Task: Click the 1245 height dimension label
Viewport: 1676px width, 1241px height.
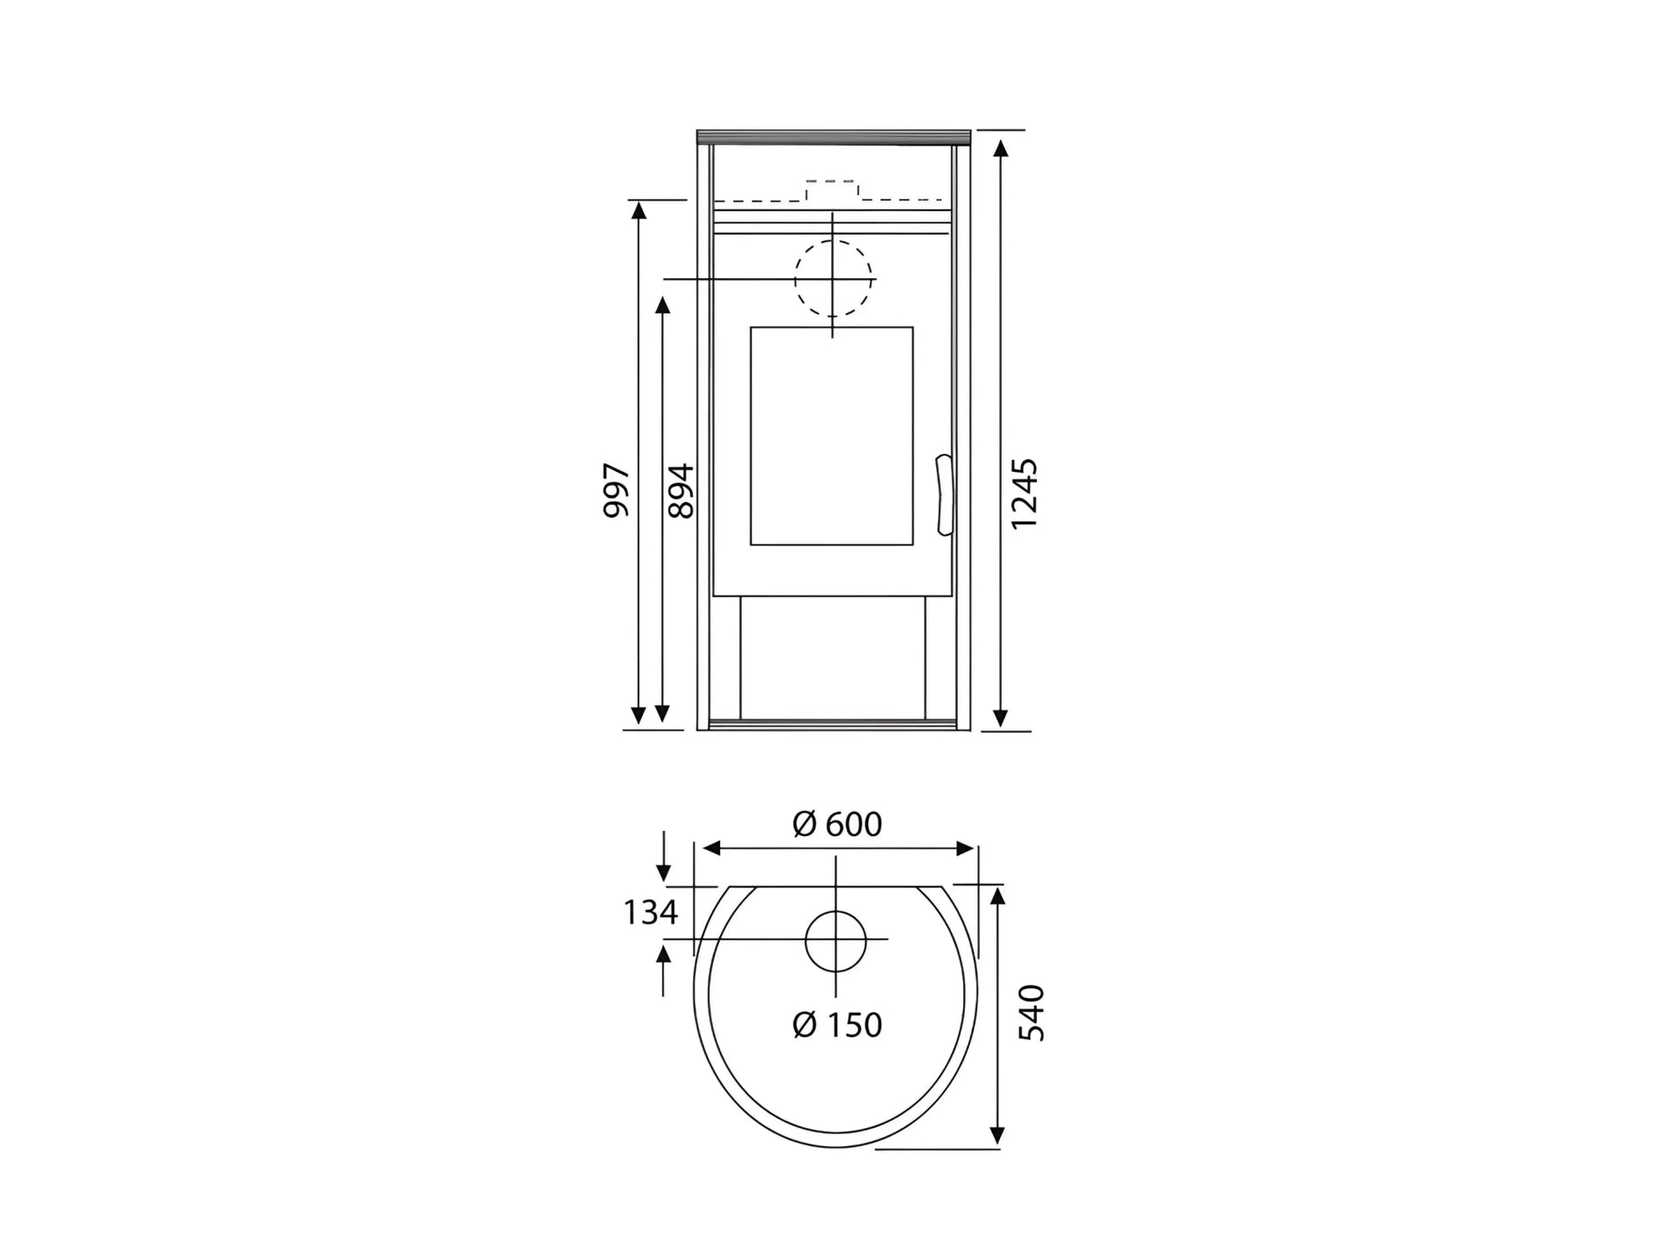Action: point(1024,493)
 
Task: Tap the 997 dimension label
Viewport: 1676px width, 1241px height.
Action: point(616,490)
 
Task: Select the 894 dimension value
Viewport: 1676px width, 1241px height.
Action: point(680,491)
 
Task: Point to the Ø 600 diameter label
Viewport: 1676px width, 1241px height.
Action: point(837,824)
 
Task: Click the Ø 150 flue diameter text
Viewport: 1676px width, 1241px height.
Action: point(837,1025)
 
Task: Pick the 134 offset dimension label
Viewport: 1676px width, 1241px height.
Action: point(650,912)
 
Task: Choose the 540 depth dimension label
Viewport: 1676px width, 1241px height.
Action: point(1031,1013)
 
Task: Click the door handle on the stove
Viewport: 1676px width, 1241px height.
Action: point(944,495)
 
